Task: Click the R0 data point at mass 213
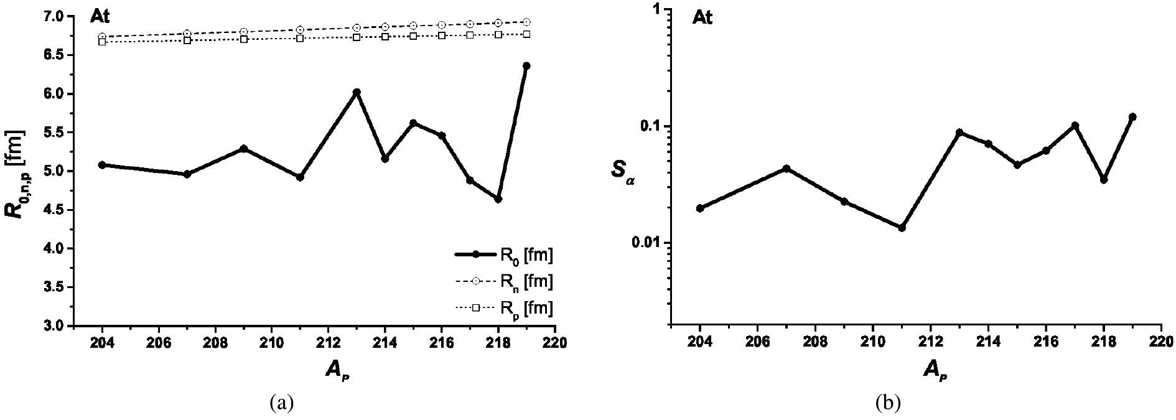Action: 357,92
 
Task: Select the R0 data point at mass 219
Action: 526,65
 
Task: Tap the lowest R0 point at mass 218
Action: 498,199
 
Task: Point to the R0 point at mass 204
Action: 102,165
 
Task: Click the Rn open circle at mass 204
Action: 102,37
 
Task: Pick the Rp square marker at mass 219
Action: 526,34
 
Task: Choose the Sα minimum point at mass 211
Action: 902,228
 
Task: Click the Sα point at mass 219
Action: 1132,116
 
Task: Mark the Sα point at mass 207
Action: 786,169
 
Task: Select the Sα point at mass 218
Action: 1104,180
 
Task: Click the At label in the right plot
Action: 702,17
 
